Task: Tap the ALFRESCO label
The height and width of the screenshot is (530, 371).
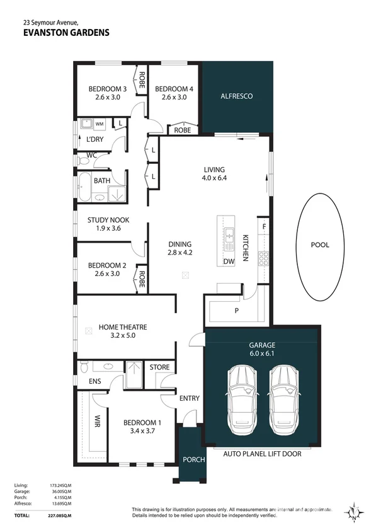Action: tap(237, 96)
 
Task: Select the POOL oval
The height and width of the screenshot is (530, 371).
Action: tap(320, 245)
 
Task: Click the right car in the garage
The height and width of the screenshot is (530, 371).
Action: tap(283, 397)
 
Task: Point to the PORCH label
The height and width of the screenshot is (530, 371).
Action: tap(193, 459)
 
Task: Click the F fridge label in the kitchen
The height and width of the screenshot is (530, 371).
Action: tap(264, 226)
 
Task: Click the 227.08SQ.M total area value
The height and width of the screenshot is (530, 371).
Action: tap(61, 516)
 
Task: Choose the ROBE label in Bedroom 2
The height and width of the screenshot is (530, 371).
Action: tap(142, 278)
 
